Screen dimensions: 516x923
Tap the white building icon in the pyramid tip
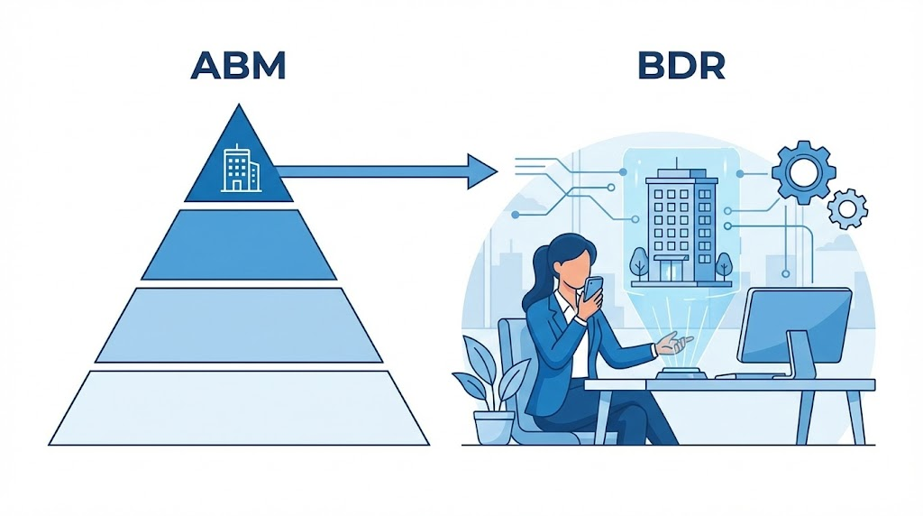[x=239, y=169]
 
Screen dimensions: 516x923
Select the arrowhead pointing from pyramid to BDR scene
[x=482, y=170]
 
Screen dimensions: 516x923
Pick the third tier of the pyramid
[x=239, y=325]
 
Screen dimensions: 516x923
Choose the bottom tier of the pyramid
[x=239, y=408]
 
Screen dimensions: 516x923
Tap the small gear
[x=847, y=208]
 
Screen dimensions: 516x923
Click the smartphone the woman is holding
[x=592, y=289]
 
